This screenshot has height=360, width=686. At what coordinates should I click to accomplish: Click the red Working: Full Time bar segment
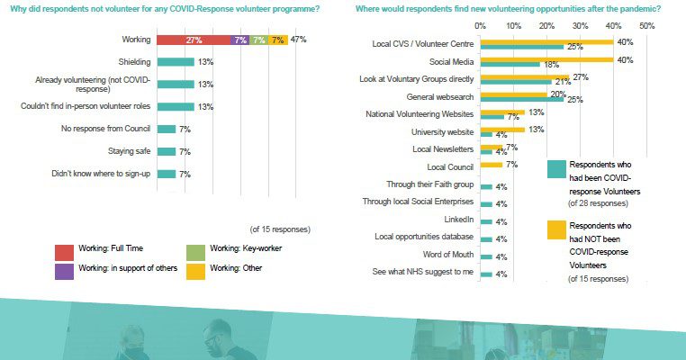coord(193,40)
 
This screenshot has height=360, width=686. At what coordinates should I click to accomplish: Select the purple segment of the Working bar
coord(239,40)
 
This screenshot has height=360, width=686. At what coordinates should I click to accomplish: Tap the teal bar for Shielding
coord(175,62)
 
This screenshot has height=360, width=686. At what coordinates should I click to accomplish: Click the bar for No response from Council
coord(167,129)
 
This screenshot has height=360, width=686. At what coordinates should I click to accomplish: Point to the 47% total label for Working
coord(299,40)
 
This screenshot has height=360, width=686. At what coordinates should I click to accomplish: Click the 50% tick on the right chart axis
coord(645,26)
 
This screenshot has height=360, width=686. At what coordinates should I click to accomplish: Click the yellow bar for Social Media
coord(546,59)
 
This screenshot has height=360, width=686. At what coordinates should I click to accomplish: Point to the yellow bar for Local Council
coord(492,165)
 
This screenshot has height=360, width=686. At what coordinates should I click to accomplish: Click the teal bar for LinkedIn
coord(486,220)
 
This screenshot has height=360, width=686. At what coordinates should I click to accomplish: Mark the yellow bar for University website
coord(501,130)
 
